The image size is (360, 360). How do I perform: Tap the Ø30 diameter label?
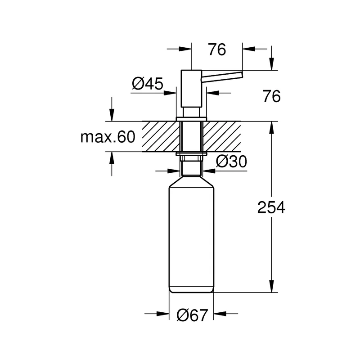(231, 162)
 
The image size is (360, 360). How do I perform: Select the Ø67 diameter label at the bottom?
(193, 315)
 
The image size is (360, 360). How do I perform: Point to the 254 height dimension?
(271, 207)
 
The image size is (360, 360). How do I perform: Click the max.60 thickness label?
(108, 137)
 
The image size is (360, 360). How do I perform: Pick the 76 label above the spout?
(217, 49)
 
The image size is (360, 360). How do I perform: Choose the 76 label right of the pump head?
(272, 96)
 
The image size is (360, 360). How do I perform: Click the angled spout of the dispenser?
(222, 76)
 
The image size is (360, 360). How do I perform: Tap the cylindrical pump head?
(191, 88)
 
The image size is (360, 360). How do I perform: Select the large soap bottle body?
(191, 234)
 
